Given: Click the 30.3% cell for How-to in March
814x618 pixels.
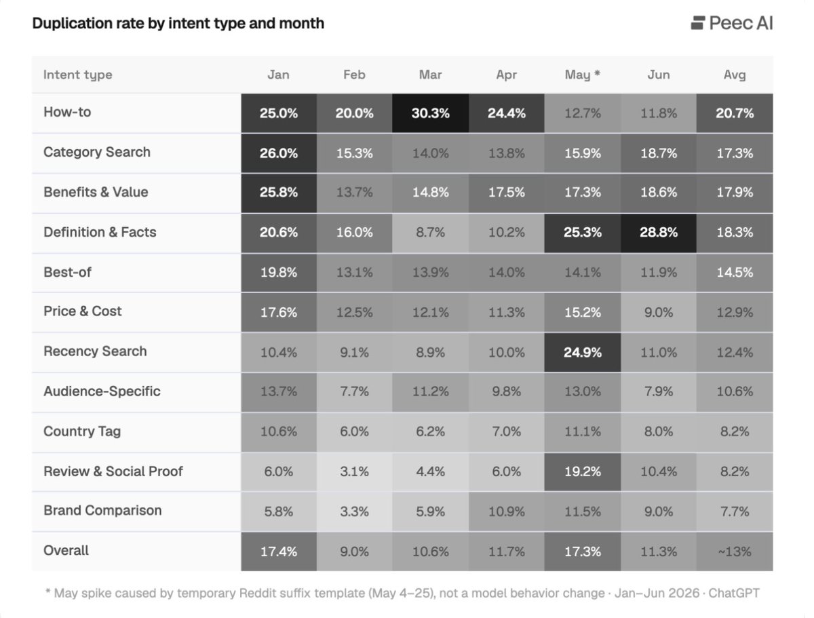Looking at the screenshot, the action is (x=430, y=113).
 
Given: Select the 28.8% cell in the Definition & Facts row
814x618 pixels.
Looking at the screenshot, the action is (x=658, y=233).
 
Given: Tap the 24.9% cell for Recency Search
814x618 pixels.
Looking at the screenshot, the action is (x=582, y=352).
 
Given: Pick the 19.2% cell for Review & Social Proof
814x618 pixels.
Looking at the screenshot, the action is (x=582, y=472).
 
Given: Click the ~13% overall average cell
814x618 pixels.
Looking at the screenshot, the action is (x=735, y=552).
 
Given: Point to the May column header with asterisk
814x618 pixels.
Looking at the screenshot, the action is (x=582, y=75).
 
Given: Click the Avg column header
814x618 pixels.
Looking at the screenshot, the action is (x=735, y=75).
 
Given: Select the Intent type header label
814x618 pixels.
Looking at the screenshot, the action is (x=78, y=75).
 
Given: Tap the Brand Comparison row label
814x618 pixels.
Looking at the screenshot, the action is (x=102, y=511).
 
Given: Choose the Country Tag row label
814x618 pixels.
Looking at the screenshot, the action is (x=82, y=431).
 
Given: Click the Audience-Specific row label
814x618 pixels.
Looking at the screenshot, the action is (x=102, y=391).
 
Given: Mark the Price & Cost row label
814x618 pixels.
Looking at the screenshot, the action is (x=82, y=311).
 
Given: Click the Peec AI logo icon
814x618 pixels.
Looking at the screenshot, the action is (x=697, y=23).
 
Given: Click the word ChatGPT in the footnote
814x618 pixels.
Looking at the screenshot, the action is (x=734, y=594).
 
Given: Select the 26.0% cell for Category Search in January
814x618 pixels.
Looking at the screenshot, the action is (x=279, y=153).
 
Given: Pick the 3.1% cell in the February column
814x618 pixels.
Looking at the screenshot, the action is (x=354, y=472).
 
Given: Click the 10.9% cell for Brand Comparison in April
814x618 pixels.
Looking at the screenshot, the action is (x=506, y=512).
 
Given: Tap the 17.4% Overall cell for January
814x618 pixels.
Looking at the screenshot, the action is (x=279, y=552).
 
